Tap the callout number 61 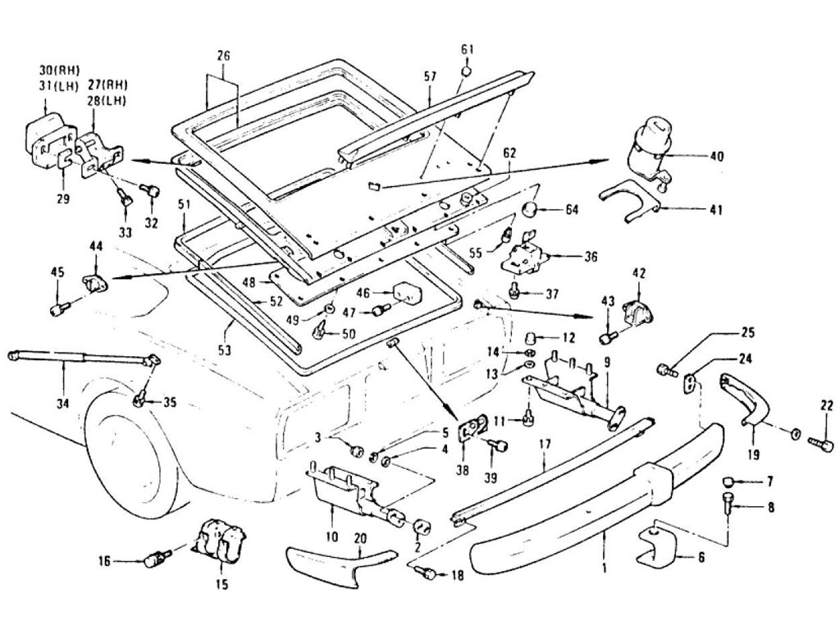point(467,50)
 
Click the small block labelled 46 point(406,292)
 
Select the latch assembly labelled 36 point(520,254)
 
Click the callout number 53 point(225,350)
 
